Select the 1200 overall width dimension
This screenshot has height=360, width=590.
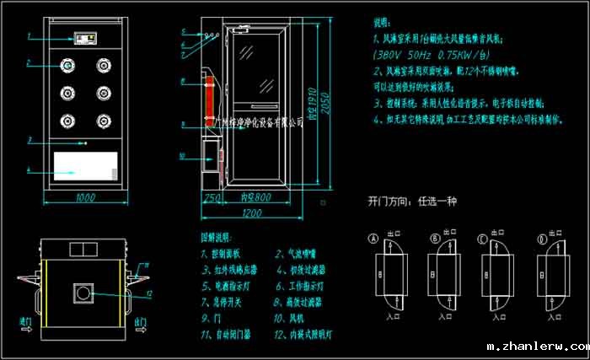249,212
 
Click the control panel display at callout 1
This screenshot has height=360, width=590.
85,39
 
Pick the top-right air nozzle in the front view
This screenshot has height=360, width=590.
104,63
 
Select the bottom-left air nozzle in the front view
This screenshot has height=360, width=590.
66,120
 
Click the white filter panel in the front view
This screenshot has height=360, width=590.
85,164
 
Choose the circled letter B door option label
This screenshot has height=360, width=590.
435,238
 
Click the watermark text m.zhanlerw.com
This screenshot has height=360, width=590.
538,347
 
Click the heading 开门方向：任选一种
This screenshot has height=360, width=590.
412,201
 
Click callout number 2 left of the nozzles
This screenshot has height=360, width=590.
29,63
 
